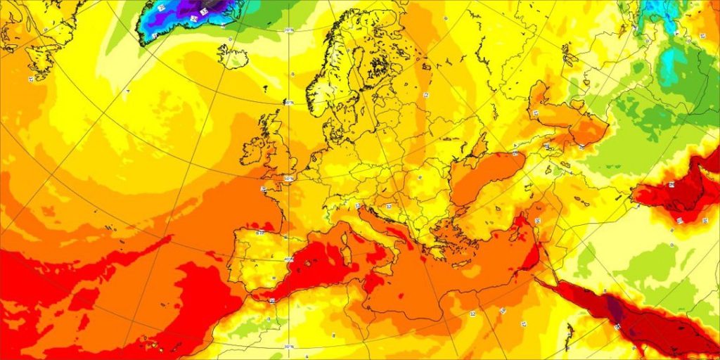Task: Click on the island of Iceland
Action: click(x=233, y=56)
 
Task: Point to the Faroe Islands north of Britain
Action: click(x=268, y=89)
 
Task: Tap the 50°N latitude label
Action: click(x=289, y=179)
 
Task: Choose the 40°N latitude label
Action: click(x=288, y=258)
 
